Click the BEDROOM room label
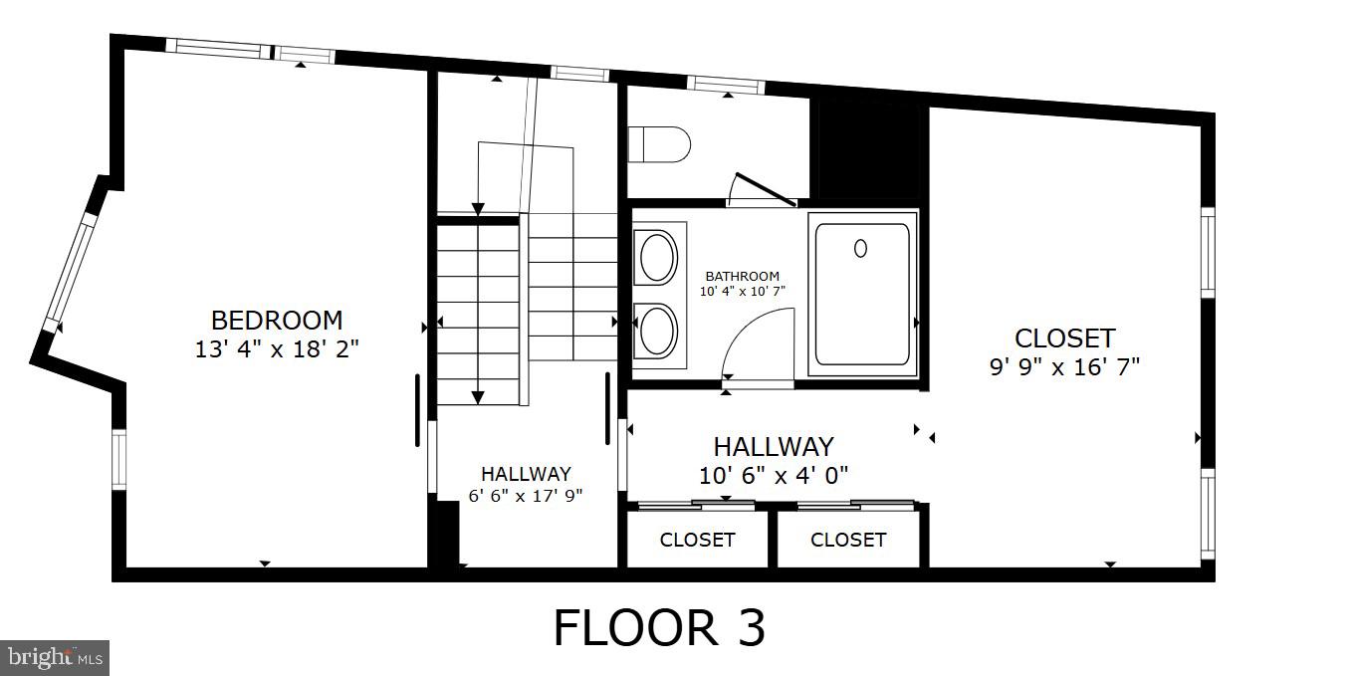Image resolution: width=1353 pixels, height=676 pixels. tap(277, 321)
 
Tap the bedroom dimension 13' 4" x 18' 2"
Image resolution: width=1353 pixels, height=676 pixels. tap(277, 349)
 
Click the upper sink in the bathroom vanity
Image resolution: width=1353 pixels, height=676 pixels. tap(657, 257)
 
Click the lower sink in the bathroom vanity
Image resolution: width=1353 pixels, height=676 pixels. tap(657, 331)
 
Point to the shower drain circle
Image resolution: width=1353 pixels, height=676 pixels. tap(860, 248)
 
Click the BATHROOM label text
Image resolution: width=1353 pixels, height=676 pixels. tap(742, 276)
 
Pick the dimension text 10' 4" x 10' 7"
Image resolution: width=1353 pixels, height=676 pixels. tap(742, 291)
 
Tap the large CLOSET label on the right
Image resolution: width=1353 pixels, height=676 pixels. tap(1064, 338)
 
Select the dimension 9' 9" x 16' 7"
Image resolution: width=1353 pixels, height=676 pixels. tap(1064, 366)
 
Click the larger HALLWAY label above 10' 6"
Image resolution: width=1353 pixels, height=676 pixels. tap(773, 446)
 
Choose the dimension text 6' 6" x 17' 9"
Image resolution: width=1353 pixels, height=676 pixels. tap(526, 494)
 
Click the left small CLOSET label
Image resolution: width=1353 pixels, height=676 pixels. tap(697, 540)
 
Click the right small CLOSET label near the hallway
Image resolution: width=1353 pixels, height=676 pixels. tap(848, 540)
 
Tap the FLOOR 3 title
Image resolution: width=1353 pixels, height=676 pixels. tap(659, 628)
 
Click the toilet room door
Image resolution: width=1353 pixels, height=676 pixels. tap(764, 190)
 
